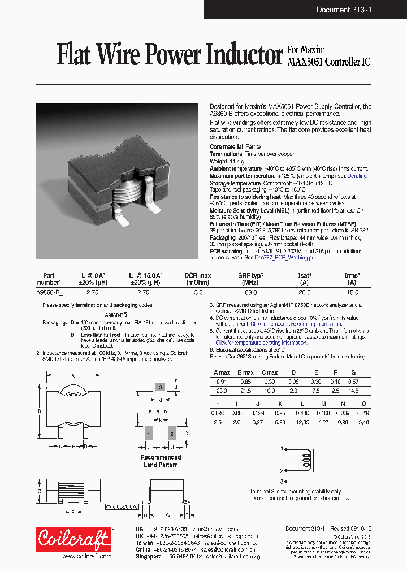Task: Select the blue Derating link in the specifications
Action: click(357, 176)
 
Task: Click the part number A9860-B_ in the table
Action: click(50, 293)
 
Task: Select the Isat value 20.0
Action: click(305, 293)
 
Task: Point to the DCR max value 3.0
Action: click(198, 293)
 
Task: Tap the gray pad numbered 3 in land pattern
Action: click(161, 387)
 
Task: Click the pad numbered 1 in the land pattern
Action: click(149, 434)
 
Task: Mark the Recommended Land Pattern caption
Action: click(161, 461)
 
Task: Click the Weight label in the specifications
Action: click(218, 161)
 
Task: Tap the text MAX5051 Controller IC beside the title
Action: click(330, 62)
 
